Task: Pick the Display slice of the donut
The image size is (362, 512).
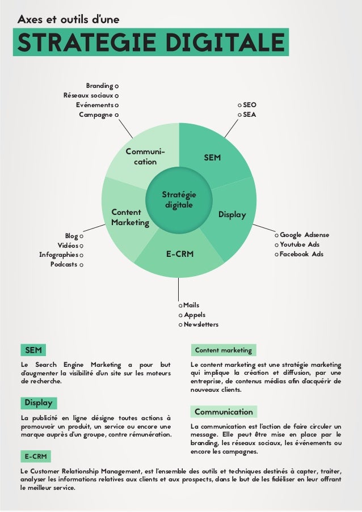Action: (233, 215)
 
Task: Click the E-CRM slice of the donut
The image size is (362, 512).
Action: (180, 255)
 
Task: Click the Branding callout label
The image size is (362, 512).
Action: (99, 86)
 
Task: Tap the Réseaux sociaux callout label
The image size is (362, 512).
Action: (88, 95)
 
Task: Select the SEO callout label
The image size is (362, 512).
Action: (250, 105)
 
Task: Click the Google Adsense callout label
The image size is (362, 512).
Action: (304, 235)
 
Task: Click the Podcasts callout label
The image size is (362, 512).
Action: (64, 264)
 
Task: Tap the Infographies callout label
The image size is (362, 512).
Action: (58, 255)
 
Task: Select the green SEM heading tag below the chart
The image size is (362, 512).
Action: (32, 349)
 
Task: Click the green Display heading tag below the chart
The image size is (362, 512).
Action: (38, 403)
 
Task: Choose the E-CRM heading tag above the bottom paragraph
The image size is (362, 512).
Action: (35, 456)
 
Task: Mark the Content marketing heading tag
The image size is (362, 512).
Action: (223, 350)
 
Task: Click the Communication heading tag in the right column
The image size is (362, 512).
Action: (224, 412)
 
